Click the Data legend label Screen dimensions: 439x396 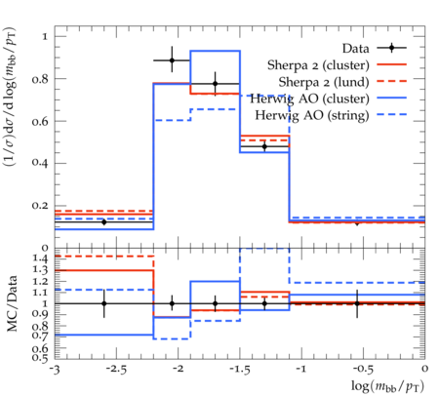(x=355, y=49)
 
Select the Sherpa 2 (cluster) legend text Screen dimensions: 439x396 (x=318, y=65)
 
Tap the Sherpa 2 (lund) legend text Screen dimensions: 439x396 (x=324, y=82)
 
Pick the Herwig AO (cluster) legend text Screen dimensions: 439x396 (x=309, y=99)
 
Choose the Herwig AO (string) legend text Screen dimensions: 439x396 (x=312, y=115)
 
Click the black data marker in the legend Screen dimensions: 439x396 (x=392, y=48)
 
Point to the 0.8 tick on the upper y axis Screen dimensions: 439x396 (x=40, y=79)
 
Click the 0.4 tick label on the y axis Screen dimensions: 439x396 (x=40, y=163)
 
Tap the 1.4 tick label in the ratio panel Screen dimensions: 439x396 (x=40, y=258)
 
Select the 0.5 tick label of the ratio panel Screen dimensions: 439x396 (x=40, y=358)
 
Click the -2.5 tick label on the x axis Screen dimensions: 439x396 (x=117, y=370)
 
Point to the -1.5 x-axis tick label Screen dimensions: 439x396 (x=240, y=370)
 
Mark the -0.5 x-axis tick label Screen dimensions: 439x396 (x=364, y=370)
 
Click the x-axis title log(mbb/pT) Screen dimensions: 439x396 (x=387, y=386)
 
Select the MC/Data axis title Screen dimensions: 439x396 (x=12, y=303)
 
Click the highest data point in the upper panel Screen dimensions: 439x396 (x=172, y=60)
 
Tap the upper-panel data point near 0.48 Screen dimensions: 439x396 (x=264, y=146)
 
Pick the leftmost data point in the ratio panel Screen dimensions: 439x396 (x=104, y=303)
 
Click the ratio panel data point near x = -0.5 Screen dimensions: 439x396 (x=357, y=303)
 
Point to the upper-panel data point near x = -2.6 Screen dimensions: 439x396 (x=104, y=222)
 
